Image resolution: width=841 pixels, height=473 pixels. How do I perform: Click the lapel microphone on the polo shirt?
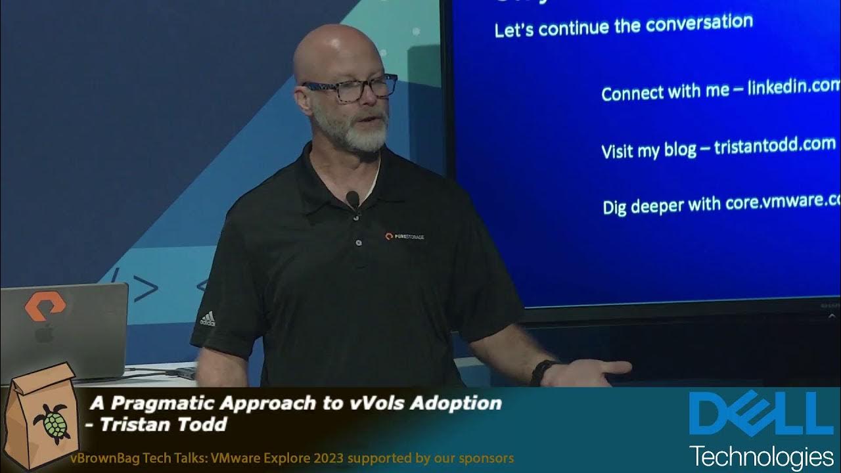353,198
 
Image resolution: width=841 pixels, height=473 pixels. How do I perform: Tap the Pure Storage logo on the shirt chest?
404,236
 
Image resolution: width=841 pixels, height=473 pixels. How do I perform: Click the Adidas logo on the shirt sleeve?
208,319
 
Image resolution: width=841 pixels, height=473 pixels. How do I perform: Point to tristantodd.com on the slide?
775,145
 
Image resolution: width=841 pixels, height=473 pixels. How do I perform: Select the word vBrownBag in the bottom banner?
102,458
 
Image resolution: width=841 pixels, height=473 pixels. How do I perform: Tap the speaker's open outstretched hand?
595,373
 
